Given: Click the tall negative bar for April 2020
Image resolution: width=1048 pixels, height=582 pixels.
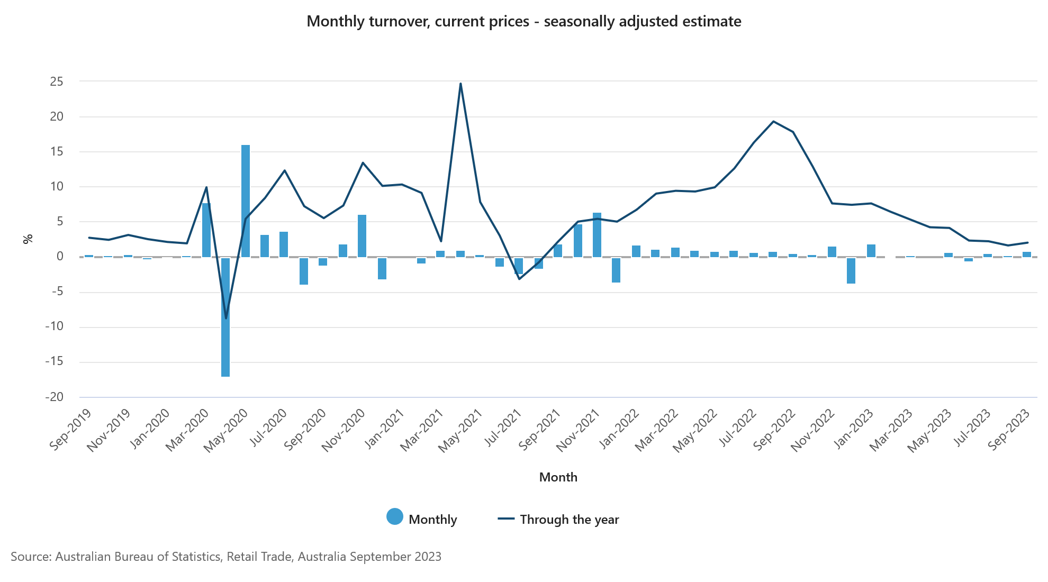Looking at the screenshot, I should (225, 317).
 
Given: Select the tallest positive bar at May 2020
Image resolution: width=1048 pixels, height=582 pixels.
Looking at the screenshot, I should (246, 201).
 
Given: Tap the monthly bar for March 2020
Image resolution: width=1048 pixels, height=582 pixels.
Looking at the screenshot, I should (206, 230).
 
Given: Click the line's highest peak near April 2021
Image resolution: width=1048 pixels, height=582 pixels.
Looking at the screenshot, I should (460, 84).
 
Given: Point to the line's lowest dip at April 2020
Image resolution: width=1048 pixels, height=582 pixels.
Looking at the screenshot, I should (226, 318).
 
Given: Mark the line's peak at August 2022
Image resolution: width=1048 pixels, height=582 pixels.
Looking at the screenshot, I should (773, 122).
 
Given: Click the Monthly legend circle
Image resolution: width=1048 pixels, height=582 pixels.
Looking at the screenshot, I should (395, 517).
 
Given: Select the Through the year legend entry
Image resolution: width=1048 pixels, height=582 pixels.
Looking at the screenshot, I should (569, 520).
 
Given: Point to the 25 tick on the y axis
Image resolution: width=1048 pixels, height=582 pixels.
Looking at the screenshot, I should (57, 81).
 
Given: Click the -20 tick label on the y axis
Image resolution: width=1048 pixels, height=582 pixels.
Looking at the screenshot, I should (55, 397).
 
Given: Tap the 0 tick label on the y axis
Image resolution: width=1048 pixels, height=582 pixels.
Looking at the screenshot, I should (60, 257).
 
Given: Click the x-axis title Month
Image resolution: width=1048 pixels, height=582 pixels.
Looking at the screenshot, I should (558, 477).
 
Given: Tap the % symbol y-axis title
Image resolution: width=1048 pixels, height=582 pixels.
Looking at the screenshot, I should (28, 239).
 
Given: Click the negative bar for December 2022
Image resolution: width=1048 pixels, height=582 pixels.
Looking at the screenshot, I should (851, 270).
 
